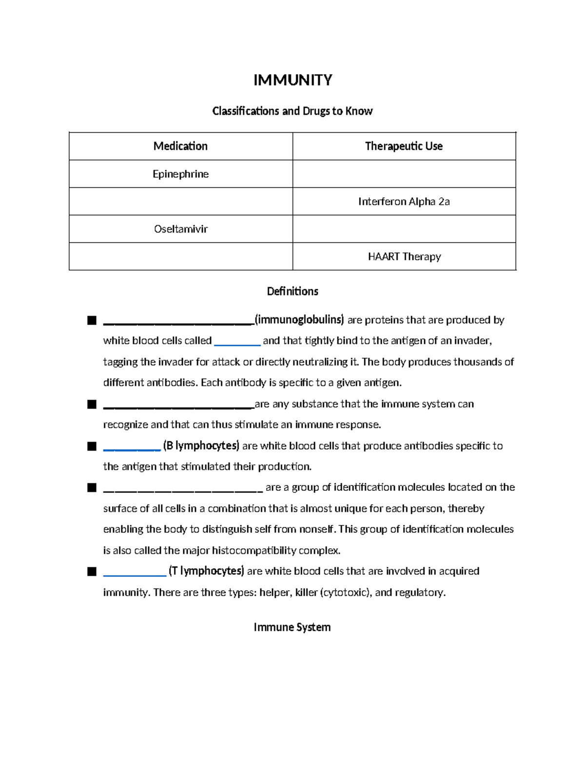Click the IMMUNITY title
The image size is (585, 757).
(x=292, y=80)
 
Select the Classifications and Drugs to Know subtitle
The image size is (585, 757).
(x=292, y=111)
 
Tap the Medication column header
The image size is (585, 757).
(x=180, y=146)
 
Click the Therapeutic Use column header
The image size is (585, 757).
(x=404, y=146)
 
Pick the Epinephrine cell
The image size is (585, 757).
(x=180, y=174)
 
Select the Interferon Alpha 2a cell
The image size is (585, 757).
(x=404, y=201)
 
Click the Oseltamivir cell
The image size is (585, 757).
(x=180, y=229)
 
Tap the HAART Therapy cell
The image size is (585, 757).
(x=404, y=256)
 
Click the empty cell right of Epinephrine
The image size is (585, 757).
(x=404, y=174)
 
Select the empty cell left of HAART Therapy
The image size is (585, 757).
(x=180, y=256)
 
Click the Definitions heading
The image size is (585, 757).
(x=292, y=291)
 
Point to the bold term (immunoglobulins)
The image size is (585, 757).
(x=299, y=320)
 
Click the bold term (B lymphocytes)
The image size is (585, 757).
(x=201, y=446)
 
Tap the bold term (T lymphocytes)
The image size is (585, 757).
(x=206, y=571)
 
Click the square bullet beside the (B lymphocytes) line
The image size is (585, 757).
(x=92, y=446)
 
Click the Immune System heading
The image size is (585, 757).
(x=292, y=627)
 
